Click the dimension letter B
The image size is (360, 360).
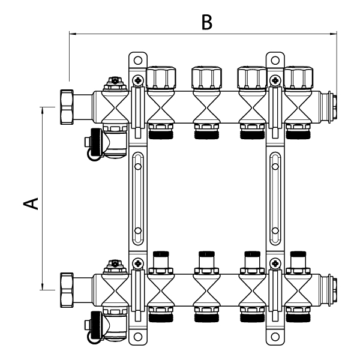206,23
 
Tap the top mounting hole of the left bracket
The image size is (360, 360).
137,60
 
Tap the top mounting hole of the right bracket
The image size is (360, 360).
274,60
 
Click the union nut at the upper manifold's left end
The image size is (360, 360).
66,105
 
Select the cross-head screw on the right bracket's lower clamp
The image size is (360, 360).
274,262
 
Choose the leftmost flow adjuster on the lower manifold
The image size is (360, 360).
161,260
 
